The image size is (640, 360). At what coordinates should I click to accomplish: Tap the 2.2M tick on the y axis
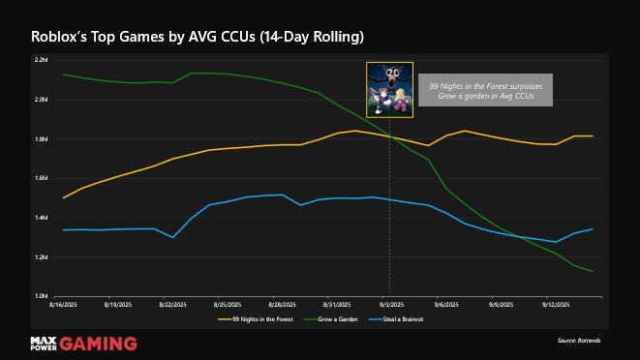click(x=41, y=60)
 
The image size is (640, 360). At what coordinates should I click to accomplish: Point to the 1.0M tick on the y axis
click(x=41, y=296)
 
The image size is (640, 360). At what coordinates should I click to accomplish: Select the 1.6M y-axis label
click(x=41, y=178)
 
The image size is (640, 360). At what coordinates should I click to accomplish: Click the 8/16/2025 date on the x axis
click(x=63, y=303)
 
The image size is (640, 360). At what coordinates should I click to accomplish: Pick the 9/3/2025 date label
click(x=389, y=303)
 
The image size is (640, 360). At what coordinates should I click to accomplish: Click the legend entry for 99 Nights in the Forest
click(x=256, y=317)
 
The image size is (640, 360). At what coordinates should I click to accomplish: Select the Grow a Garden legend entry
click(x=338, y=317)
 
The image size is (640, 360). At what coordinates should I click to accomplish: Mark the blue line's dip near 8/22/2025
click(x=172, y=237)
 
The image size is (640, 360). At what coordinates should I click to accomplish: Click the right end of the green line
click(x=593, y=272)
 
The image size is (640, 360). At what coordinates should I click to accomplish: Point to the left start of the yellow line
click(x=63, y=197)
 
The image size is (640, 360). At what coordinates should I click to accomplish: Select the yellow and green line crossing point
click(x=389, y=136)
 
